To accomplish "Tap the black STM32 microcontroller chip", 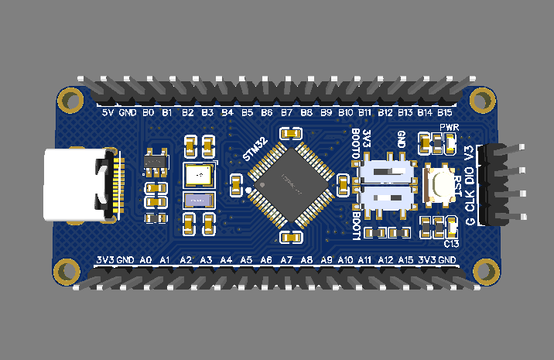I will tap(290, 185).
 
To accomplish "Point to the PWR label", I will tap(450, 127).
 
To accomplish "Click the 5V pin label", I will tap(108, 113).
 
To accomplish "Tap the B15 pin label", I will tap(445, 113).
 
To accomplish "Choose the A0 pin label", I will tap(145, 260).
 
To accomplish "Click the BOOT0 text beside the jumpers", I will tap(355, 145).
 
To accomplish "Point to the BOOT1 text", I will tap(355, 225).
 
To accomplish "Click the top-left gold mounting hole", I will tap(71, 100).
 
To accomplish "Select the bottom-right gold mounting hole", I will tap(483, 269).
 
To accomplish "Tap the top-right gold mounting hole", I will tap(483, 100).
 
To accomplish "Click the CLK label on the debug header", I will tap(470, 203).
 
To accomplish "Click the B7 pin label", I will tap(286, 113).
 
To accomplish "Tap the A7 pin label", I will tap(286, 260).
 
